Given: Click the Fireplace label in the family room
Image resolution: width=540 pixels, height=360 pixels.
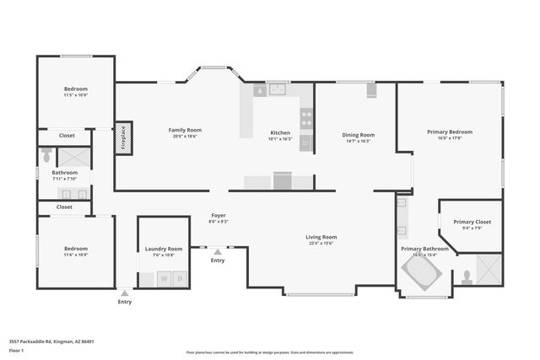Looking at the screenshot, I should (122, 136).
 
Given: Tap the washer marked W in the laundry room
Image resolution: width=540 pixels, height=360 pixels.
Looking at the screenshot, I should (165, 278).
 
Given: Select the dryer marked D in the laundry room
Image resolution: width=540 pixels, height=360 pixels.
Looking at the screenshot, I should (180, 278).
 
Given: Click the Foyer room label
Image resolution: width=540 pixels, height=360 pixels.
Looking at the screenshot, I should (218, 216).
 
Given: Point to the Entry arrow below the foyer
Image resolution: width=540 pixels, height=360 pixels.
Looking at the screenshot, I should (218, 252).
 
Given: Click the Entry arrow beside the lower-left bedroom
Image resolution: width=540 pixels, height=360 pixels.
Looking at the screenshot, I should (124, 293).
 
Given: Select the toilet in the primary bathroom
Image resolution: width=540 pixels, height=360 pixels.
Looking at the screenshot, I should (466, 276).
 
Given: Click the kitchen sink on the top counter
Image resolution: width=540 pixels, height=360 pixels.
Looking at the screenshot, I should (278, 89).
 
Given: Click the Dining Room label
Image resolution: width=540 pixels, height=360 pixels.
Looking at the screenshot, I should (359, 135).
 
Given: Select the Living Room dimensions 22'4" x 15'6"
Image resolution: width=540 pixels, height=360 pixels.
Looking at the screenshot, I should (321, 243).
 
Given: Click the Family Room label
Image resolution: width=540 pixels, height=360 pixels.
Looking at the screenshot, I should (185, 130).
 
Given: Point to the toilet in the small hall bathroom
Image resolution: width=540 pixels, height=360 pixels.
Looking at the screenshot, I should (46, 155).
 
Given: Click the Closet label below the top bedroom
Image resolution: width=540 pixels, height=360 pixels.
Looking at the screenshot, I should (66, 135).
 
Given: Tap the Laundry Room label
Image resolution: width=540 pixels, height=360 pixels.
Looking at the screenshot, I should (164, 249).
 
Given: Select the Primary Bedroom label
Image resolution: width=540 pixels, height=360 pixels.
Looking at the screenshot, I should (449, 132).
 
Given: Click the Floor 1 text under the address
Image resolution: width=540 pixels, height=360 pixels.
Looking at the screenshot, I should (17, 348).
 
